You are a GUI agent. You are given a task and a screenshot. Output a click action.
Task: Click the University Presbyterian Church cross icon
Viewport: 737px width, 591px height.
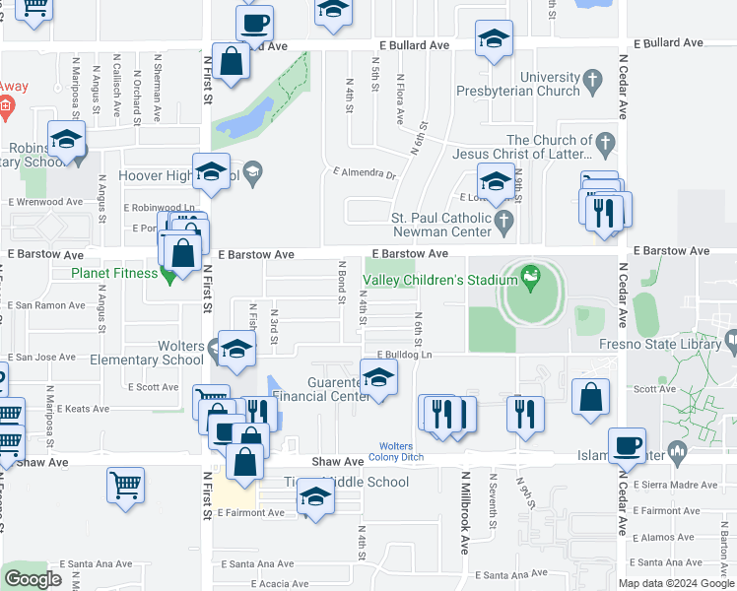coord(591,78)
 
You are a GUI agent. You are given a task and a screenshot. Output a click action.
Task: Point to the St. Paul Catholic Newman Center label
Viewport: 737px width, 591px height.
coord(440,225)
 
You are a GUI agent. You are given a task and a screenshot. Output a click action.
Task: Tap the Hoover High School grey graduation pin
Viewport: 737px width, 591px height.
coord(252,174)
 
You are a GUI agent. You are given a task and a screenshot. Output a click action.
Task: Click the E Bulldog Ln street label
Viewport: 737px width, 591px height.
coord(405,354)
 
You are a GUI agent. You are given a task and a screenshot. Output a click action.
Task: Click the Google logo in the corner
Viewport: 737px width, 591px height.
coord(33,578)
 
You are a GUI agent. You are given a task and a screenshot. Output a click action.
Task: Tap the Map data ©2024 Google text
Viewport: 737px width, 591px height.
coord(676,583)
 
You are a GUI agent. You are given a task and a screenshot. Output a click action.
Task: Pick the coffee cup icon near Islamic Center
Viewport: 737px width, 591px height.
coord(627,445)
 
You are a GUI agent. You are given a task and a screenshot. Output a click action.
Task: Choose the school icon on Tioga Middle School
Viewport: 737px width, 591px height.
coord(315,496)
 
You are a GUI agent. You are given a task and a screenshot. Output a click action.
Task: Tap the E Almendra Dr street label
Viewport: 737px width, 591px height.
coord(363,174)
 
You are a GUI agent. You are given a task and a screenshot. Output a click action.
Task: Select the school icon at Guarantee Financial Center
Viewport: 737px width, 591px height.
coord(378,376)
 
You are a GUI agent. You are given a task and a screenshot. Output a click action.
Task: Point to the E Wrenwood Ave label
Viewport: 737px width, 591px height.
coord(45,202)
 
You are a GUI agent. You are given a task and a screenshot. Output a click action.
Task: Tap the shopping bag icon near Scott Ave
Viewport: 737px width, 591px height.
coord(589,398)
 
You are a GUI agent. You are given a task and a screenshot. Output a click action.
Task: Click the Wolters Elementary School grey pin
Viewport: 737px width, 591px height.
coord(216,347)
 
